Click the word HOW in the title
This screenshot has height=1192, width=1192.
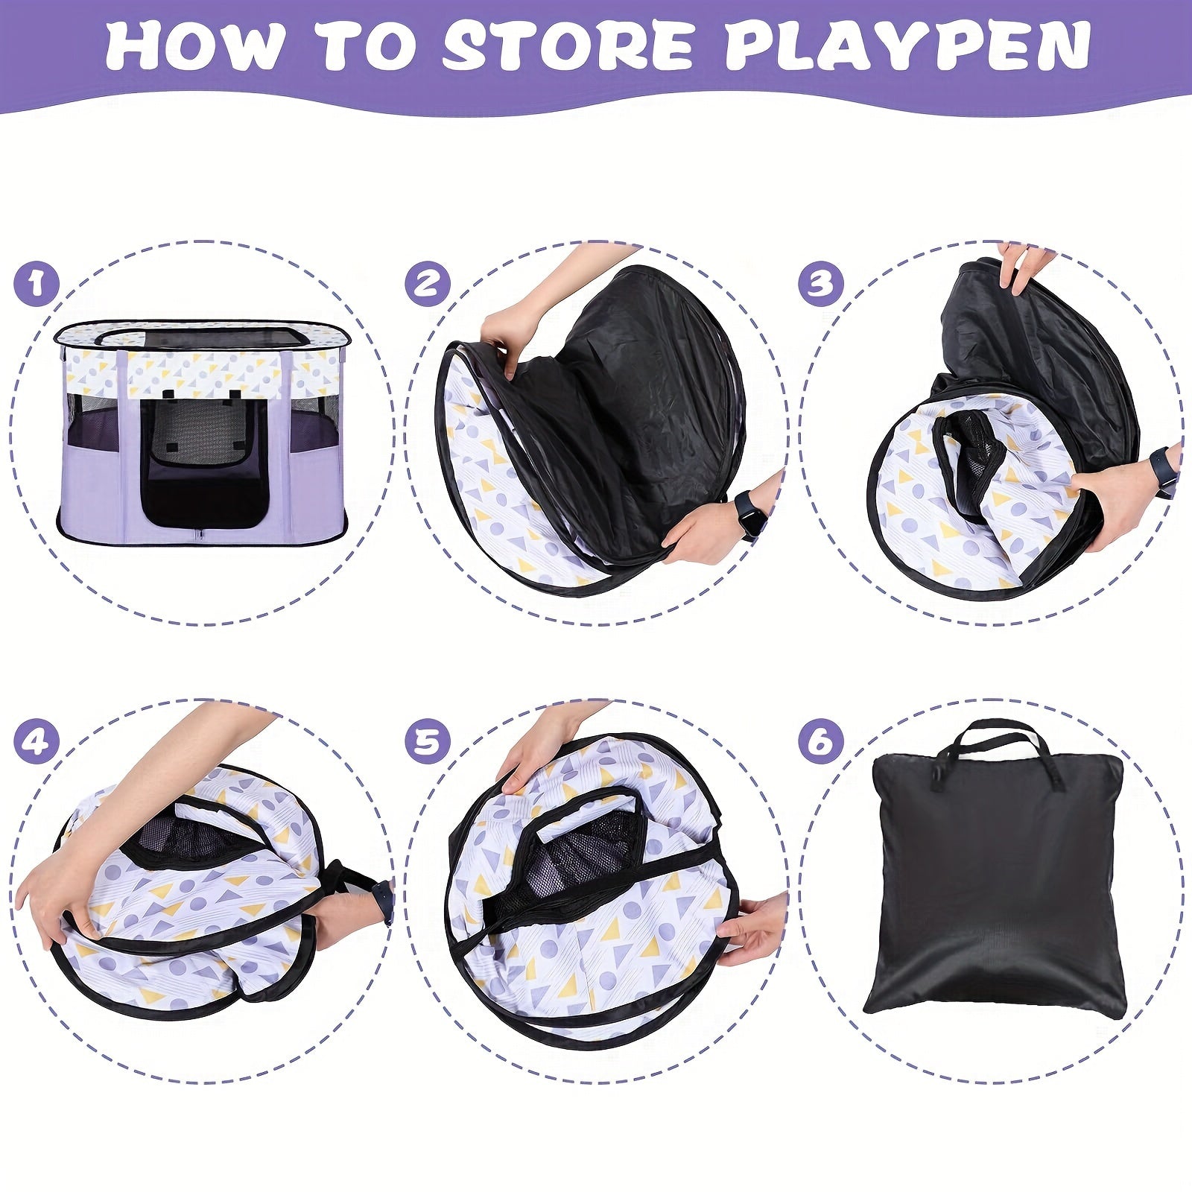point(195,46)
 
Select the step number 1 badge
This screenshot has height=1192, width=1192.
point(36,284)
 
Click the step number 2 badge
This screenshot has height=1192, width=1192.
point(428,284)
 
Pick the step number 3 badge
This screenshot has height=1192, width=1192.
point(820,284)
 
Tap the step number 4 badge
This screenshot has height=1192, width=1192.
point(36,742)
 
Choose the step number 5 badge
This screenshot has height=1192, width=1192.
point(428,742)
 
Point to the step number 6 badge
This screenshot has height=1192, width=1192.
point(820,742)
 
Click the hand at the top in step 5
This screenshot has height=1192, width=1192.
point(533,749)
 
